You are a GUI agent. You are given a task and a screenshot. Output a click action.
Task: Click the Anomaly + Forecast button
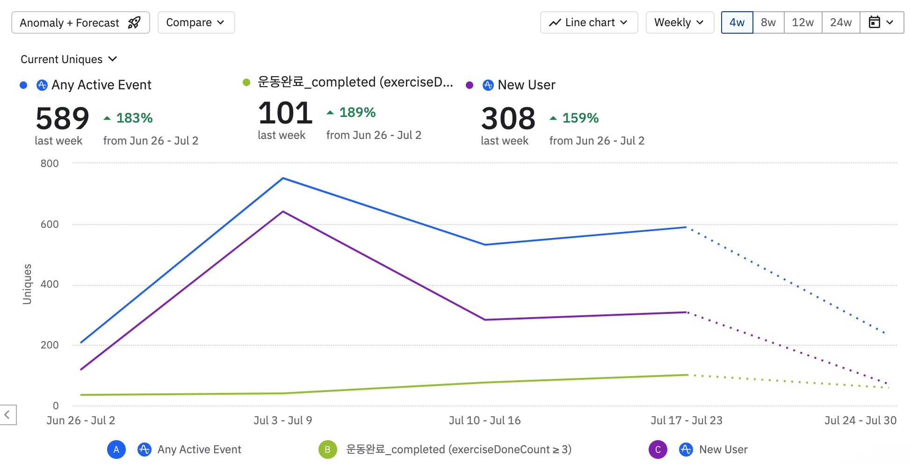80,22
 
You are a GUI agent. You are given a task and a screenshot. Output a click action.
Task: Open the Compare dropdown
196,22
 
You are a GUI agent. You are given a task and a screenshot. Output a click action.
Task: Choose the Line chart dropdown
589,22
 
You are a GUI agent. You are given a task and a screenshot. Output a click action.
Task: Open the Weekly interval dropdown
680,22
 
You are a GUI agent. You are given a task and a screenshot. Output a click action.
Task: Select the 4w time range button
737,22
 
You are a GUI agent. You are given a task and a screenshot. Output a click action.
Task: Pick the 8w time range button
768,22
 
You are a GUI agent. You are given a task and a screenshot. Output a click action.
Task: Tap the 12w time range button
803,22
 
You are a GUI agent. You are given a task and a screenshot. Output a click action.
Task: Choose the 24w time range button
841,22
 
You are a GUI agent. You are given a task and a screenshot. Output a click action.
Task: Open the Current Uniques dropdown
68,59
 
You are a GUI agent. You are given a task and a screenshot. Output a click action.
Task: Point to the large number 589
62,118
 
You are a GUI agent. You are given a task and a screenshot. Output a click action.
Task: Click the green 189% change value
357,112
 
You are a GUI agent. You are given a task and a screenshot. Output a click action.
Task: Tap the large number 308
508,118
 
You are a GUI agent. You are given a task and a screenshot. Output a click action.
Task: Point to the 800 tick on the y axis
50,163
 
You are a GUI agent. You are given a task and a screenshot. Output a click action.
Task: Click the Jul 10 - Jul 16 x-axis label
484,420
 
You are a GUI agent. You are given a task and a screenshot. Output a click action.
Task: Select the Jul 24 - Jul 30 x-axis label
860,420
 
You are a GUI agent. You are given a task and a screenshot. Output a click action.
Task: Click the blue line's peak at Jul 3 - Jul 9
283,178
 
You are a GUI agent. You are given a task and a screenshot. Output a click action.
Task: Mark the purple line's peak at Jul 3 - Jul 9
283,212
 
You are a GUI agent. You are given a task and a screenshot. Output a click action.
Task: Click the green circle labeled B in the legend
328,449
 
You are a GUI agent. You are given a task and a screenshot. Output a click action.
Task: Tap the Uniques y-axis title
27,284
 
